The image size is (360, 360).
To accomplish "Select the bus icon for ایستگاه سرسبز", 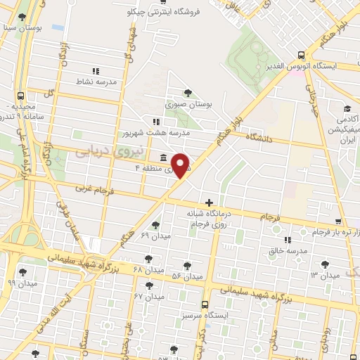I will (204, 304).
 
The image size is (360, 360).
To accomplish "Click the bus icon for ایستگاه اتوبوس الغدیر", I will (301, 55).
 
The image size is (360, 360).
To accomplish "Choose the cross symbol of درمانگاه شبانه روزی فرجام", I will (209, 202).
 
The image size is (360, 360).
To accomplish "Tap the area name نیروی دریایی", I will (108, 150).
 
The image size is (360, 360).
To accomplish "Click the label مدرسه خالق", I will (285, 250).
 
